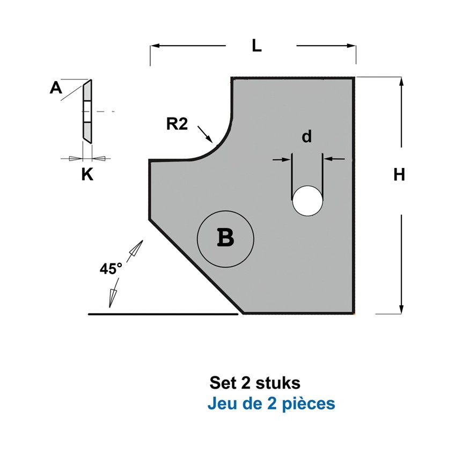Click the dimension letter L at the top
(257, 46)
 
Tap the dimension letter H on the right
(399, 175)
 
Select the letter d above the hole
(307, 136)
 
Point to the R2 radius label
(177, 124)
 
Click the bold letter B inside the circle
(225, 238)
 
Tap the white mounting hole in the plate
(307, 201)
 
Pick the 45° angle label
(111, 269)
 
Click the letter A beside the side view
(56, 87)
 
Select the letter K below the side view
(87, 175)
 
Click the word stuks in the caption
(278, 383)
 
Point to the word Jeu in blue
(221, 403)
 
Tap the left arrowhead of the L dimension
(155, 46)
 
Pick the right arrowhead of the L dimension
(351, 46)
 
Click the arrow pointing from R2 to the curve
(205, 134)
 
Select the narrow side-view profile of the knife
(87, 112)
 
